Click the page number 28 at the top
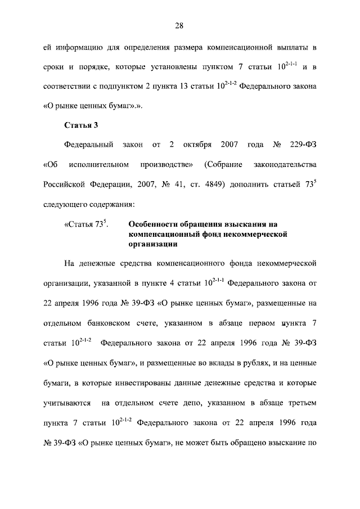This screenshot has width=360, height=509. tap(179, 25)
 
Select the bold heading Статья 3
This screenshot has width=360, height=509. tap(82, 125)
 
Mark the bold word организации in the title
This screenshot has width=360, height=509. tap(153, 245)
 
